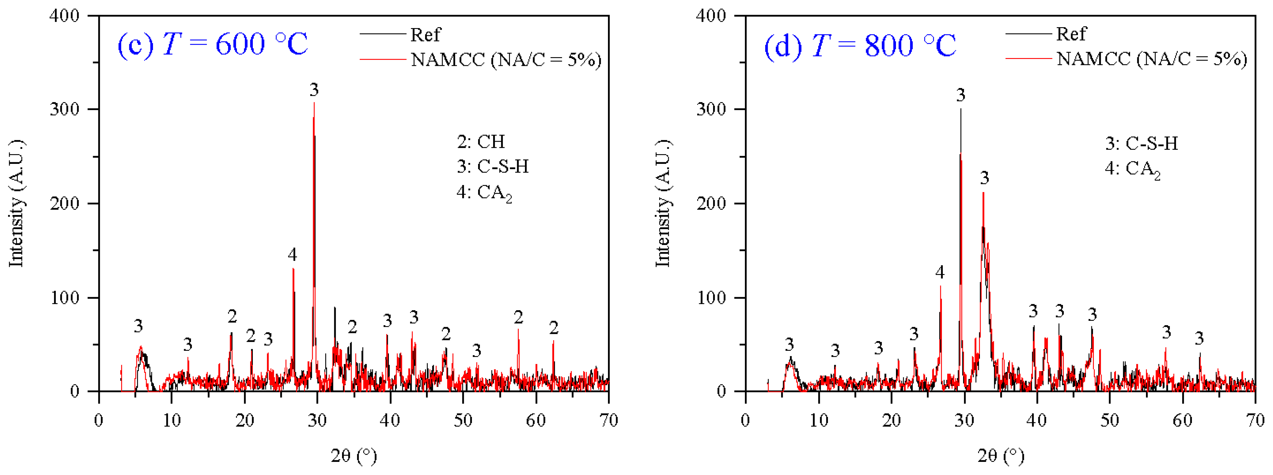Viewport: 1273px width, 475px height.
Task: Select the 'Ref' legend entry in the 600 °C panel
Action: click(x=425, y=35)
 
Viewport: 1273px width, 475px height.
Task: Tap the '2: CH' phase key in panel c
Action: click(x=480, y=142)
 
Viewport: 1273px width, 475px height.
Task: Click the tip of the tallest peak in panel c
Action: click(x=314, y=103)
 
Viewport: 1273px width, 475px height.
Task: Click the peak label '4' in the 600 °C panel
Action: click(x=292, y=255)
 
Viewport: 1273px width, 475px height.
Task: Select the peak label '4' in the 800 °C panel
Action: click(x=939, y=272)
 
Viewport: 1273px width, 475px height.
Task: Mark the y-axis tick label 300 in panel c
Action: click(x=64, y=109)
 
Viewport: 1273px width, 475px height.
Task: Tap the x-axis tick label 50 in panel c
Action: click(x=463, y=421)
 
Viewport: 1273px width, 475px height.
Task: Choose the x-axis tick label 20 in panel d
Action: click(x=891, y=421)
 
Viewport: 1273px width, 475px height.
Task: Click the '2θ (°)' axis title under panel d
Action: click(x=1001, y=455)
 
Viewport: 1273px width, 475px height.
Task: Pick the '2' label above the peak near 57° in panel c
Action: click(x=518, y=317)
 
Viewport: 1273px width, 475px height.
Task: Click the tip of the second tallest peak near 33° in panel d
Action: click(x=983, y=193)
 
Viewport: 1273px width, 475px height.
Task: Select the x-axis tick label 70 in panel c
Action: click(x=608, y=421)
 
